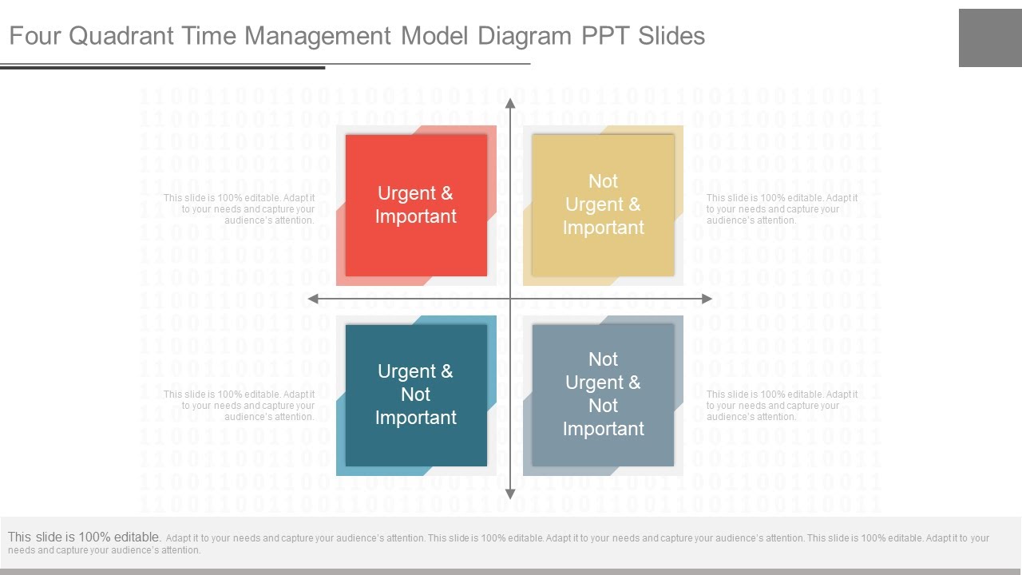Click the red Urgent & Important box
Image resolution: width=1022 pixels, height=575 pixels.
(x=416, y=205)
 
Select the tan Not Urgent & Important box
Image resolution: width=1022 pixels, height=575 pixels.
(x=603, y=205)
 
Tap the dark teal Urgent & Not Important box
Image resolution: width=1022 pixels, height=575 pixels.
(x=416, y=395)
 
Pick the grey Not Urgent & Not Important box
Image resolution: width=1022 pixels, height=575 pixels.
(x=603, y=395)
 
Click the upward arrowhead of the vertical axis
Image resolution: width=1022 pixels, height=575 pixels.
(x=510, y=103)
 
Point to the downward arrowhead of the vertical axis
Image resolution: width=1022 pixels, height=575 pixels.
(x=510, y=494)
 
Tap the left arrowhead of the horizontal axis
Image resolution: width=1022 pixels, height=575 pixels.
(x=314, y=299)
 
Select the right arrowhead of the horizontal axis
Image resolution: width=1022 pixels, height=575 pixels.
(x=707, y=299)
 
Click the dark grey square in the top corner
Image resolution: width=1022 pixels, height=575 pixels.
(x=990, y=38)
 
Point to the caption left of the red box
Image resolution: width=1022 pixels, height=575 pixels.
(x=240, y=209)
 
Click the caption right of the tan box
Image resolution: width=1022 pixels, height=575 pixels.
(x=782, y=209)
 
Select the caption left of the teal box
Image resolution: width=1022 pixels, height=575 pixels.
(x=240, y=406)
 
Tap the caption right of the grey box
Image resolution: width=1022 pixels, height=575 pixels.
(x=782, y=406)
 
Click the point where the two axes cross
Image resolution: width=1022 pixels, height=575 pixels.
(x=510, y=299)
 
